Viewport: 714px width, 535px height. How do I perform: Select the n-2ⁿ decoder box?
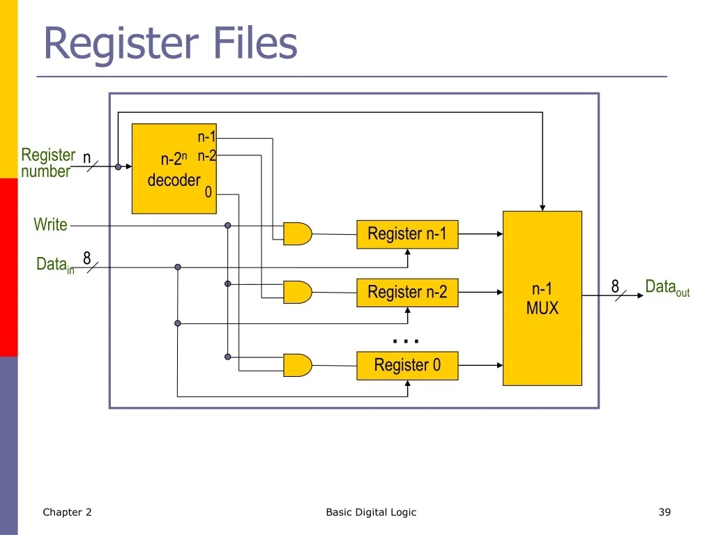click(174, 169)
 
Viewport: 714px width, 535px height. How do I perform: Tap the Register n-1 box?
click(407, 234)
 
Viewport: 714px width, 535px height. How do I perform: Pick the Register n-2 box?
click(407, 293)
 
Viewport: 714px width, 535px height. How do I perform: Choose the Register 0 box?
click(407, 365)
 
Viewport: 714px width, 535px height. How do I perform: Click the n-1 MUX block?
click(542, 298)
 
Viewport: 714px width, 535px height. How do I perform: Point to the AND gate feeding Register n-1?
click(297, 234)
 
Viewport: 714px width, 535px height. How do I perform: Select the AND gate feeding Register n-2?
click(297, 292)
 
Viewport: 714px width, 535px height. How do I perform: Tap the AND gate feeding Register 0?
click(297, 364)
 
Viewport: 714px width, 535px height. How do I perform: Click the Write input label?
click(50, 225)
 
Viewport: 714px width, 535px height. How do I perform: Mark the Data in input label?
click(54, 265)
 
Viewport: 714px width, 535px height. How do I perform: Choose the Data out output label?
click(667, 287)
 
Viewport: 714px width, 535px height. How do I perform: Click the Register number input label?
click(47, 163)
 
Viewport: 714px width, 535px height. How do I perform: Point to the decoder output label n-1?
click(207, 137)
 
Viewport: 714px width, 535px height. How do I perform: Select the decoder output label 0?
click(208, 193)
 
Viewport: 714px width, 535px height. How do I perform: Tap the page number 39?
click(664, 513)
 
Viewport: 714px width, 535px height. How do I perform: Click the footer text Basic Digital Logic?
click(371, 513)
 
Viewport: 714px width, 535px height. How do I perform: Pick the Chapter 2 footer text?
click(67, 513)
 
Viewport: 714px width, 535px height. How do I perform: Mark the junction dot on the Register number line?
click(118, 167)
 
